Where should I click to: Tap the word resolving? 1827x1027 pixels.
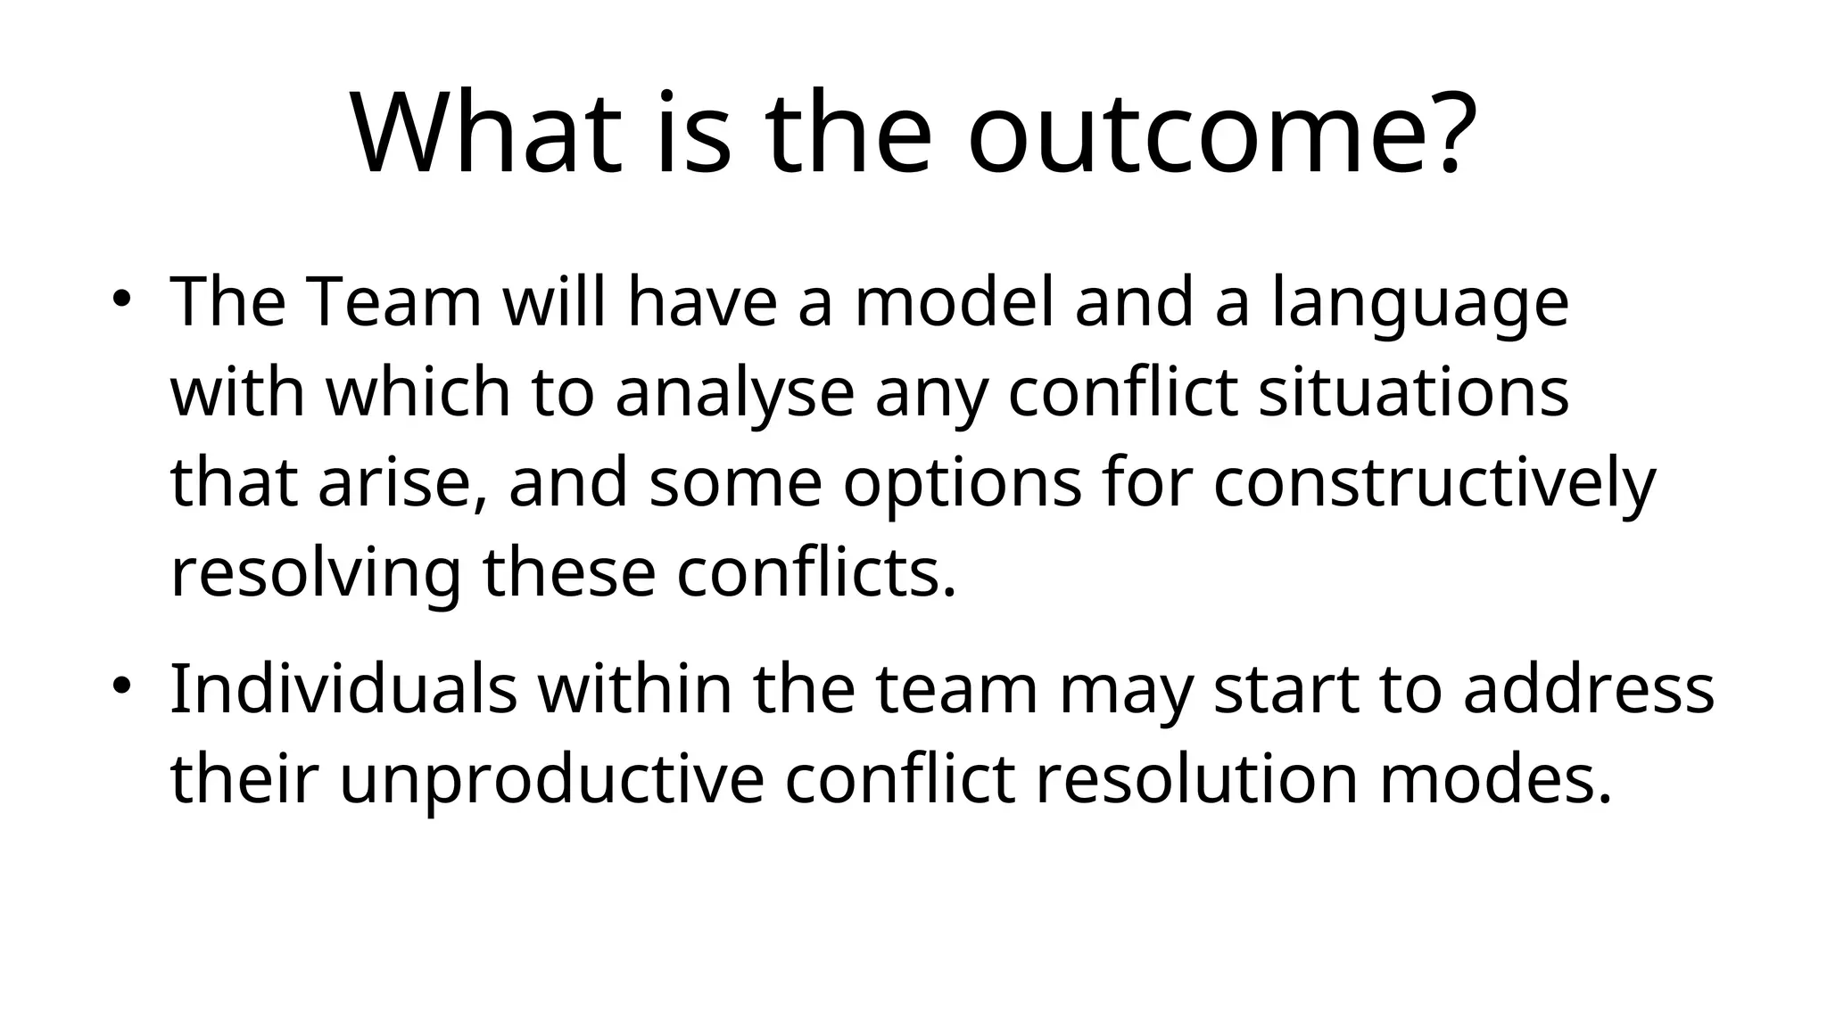tap(316, 577)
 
